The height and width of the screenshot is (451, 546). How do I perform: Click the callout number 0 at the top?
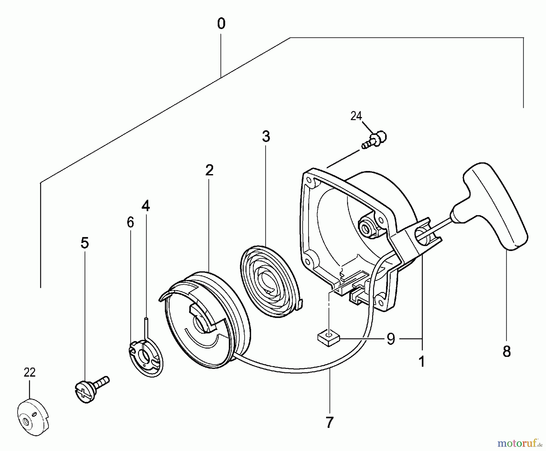(x=221, y=24)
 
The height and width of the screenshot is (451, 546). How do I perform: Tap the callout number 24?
(x=356, y=116)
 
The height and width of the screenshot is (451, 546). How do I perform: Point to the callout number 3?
(x=266, y=136)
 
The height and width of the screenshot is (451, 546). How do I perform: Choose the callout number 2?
(x=209, y=170)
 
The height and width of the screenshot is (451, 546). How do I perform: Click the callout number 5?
(x=85, y=243)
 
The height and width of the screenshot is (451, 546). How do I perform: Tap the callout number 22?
(x=30, y=372)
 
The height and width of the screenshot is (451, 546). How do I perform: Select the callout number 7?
(x=330, y=422)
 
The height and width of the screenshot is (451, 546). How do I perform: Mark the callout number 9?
(x=391, y=338)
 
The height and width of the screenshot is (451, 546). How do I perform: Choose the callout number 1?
(x=422, y=362)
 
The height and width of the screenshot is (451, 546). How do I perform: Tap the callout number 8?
(x=507, y=352)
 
